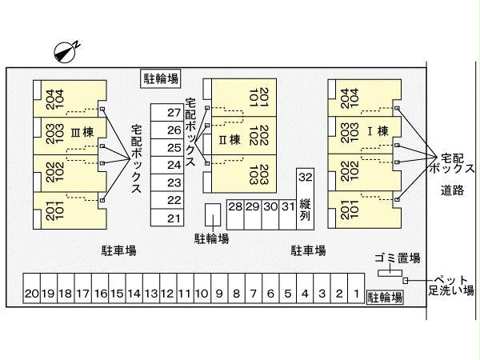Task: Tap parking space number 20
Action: (31, 294)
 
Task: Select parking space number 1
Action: (355, 294)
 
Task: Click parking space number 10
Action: (202, 294)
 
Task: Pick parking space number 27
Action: (174, 113)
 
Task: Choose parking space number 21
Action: (174, 218)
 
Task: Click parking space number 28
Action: (234, 206)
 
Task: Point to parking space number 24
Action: (174, 165)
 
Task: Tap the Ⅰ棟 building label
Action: (376, 132)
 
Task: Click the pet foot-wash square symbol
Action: (406, 280)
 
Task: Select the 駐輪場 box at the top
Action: (161, 78)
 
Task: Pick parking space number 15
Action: (117, 294)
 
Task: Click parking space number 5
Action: (287, 294)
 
